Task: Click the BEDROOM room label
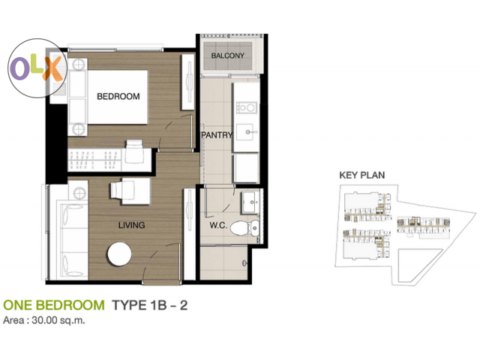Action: (118, 97)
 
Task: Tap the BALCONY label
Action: (227, 55)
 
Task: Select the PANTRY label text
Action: (217, 135)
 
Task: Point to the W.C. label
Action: (218, 226)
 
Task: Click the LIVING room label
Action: (132, 225)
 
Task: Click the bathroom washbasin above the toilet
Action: (251, 202)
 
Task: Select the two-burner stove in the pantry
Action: (247, 107)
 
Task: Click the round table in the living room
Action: (119, 254)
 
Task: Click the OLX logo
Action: (37, 68)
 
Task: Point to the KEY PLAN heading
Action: (361, 175)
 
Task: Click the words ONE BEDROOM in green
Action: (54, 305)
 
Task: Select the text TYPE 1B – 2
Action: (150, 305)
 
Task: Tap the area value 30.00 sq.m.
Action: (58, 320)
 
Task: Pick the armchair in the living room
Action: (121, 190)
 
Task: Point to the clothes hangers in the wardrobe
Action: (94, 160)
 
